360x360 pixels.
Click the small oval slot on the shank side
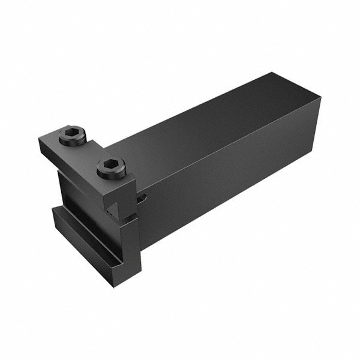point(142,198)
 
